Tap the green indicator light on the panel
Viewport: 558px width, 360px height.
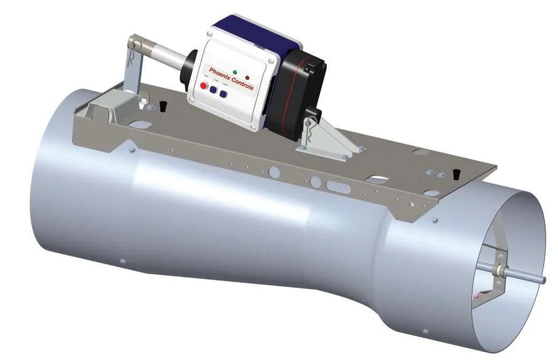[x=235, y=72]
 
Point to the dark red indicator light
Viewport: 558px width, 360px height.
[x=247, y=77]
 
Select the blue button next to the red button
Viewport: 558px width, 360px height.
[x=213, y=90]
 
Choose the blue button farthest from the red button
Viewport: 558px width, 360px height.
[x=223, y=94]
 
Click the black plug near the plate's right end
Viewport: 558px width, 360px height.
[x=457, y=174]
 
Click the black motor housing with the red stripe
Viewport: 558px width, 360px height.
[x=298, y=91]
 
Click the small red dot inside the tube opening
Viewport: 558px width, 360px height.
[x=474, y=295]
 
